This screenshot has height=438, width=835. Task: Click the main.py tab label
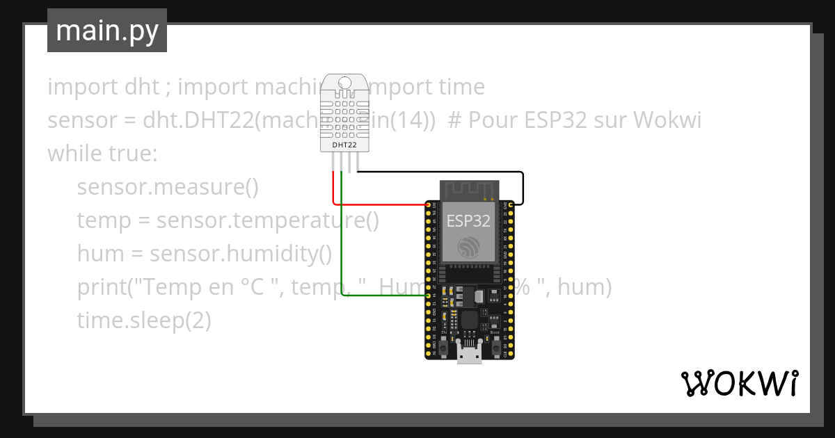click(106, 31)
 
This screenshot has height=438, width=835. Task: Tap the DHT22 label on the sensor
click(344, 145)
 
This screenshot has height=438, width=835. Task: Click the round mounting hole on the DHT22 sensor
click(344, 83)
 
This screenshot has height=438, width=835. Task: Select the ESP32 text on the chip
click(468, 221)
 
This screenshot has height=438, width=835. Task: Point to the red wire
click(376, 204)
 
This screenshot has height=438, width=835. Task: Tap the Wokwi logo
click(739, 383)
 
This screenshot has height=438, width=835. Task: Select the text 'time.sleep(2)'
click(143, 321)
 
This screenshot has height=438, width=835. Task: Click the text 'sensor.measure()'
click(167, 187)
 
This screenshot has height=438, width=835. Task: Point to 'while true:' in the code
click(103, 154)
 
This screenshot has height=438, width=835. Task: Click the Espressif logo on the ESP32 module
click(468, 245)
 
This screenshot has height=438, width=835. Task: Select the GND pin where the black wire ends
click(511, 204)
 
